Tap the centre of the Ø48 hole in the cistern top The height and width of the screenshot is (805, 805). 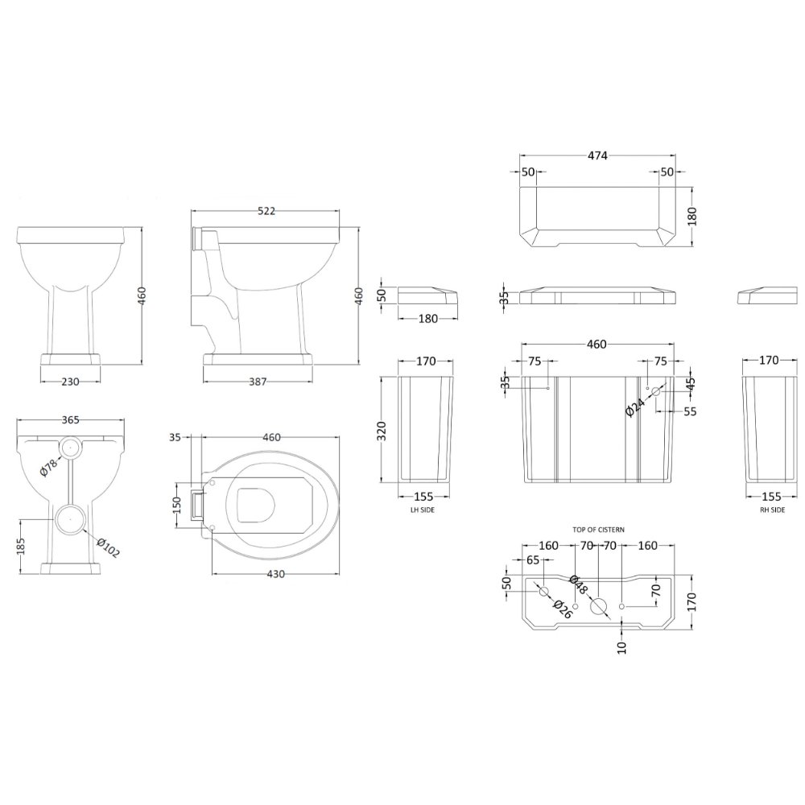[599, 606]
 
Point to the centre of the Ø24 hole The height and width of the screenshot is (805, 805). [655, 392]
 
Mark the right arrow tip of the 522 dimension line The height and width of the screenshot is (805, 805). [340, 210]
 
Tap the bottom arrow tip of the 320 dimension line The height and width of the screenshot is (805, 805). [381, 482]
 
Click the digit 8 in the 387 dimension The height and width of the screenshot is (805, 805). [258, 382]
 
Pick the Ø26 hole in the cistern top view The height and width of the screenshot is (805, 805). [543, 592]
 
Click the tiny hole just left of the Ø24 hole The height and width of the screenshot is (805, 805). [647, 388]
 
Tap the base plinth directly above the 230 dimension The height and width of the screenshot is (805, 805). [70, 358]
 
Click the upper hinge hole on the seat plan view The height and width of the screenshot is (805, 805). [212, 482]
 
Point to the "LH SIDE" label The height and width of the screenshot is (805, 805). [423, 510]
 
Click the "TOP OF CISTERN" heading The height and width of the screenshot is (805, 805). [599, 530]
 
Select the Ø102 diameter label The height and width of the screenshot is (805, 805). [108, 547]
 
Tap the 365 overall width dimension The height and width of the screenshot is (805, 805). [70, 419]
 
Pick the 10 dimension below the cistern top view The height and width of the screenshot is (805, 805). [622, 647]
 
